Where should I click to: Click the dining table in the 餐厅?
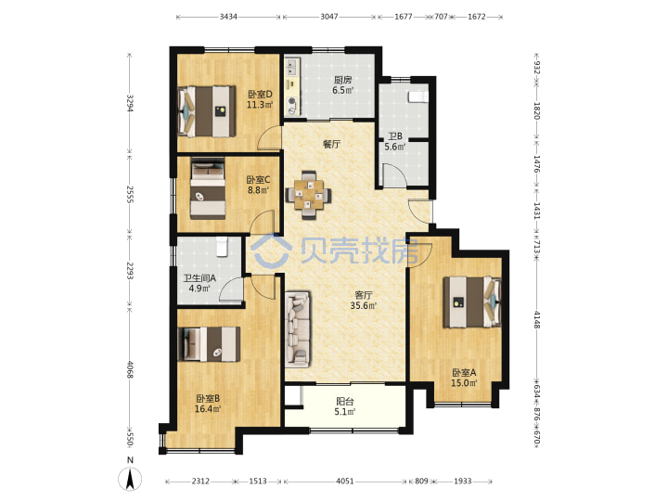(x=308, y=195)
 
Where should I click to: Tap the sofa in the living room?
(x=297, y=328)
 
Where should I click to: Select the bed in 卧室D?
(x=206, y=111)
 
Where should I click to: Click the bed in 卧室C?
(x=208, y=188)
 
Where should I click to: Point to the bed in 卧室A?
(x=472, y=302)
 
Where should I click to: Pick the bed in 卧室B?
(x=209, y=344)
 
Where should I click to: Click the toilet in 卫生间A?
(x=222, y=247)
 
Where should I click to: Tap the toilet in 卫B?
(x=417, y=96)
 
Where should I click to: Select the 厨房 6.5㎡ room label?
(x=342, y=84)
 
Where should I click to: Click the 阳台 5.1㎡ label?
(x=344, y=406)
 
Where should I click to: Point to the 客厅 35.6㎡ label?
(x=364, y=300)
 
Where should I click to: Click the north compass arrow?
(x=131, y=478)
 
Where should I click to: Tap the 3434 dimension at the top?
(x=228, y=17)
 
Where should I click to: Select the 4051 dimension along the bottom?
(x=344, y=481)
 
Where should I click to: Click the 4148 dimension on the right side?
(x=537, y=319)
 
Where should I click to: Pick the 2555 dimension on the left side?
(x=130, y=194)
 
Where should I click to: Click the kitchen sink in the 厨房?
(x=292, y=66)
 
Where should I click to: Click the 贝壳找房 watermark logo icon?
(x=271, y=250)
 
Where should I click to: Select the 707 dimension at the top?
(x=441, y=17)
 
